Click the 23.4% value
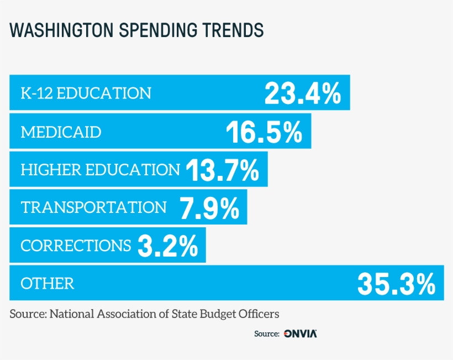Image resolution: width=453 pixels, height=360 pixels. [302, 93]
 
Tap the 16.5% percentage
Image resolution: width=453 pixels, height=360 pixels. [264, 132]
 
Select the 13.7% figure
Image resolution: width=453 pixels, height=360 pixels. [222, 170]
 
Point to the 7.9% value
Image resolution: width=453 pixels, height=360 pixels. [209, 207]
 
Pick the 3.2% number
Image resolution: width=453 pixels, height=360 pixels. [167, 245]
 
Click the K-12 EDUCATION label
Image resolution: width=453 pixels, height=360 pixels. [86, 93]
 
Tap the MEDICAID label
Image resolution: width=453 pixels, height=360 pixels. [61, 132]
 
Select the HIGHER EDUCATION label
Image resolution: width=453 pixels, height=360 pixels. [100, 170]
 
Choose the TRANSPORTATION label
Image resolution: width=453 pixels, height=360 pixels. [93, 207]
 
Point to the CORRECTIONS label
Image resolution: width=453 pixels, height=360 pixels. [76, 245]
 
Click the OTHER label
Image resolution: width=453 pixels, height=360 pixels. [47, 284]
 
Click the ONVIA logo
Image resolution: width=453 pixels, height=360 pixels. [301, 333]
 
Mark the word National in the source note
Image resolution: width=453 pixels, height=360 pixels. [72, 314]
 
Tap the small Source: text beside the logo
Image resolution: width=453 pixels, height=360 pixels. [266, 333]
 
